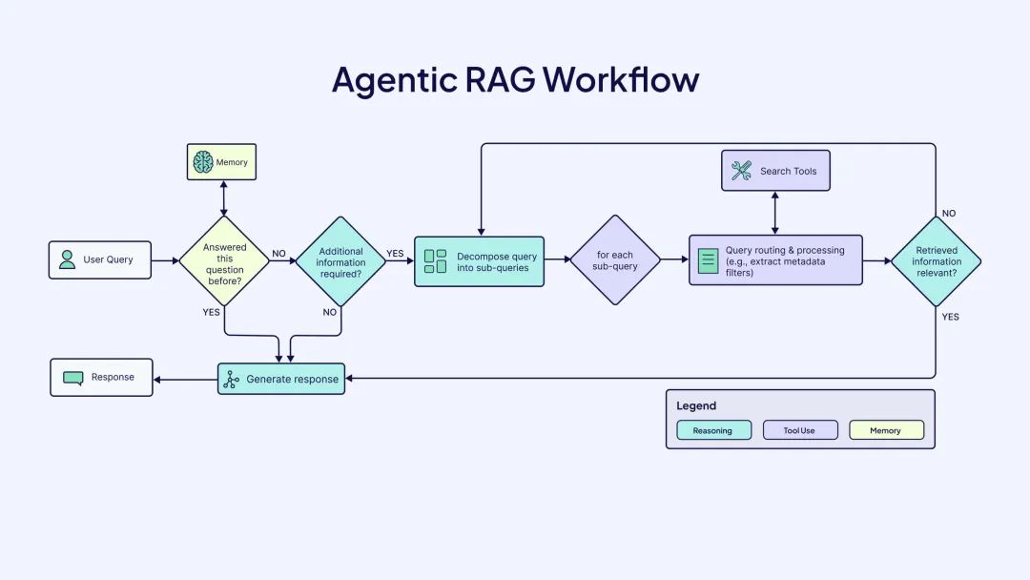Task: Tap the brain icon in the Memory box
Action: (x=202, y=162)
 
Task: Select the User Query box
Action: (x=100, y=259)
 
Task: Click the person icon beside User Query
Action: (x=67, y=259)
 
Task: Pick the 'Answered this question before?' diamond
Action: (x=224, y=259)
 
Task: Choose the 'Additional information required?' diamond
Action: (x=340, y=259)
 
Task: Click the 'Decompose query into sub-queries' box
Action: (x=479, y=261)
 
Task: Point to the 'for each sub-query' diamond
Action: (x=615, y=260)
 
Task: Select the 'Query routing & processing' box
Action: (x=775, y=259)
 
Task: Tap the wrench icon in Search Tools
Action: (x=741, y=171)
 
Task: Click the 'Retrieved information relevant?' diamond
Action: (x=936, y=260)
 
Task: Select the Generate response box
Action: (x=280, y=379)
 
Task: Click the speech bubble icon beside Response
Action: (x=73, y=377)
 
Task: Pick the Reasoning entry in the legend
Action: (x=713, y=430)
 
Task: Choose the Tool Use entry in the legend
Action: (x=799, y=430)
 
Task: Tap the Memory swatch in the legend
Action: (x=886, y=430)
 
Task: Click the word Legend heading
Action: (x=696, y=405)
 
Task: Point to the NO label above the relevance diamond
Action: (x=948, y=214)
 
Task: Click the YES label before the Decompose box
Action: (x=395, y=254)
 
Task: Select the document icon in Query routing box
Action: (x=708, y=260)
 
